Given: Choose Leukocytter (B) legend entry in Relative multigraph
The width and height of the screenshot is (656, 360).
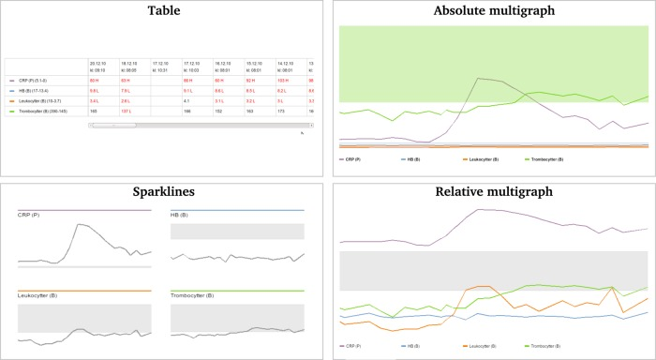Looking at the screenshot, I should (x=485, y=346).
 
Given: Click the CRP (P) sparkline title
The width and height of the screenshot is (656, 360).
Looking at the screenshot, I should (x=31, y=216).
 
